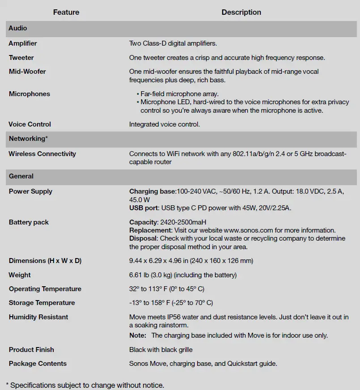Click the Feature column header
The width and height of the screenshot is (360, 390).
(66, 12)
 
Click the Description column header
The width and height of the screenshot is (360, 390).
(241, 12)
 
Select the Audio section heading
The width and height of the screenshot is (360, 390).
(18, 28)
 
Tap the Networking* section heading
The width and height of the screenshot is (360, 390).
(28, 139)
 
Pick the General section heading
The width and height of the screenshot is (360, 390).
(21, 176)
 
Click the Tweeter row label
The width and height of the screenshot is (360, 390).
(21, 58)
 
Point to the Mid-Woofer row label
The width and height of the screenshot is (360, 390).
(27, 72)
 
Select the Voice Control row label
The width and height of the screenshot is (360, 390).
(30, 124)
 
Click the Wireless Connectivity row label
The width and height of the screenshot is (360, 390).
(42, 154)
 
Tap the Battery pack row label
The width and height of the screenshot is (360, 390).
(29, 222)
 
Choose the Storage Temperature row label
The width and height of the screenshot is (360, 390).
(42, 303)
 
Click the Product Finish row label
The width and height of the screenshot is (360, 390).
(31, 350)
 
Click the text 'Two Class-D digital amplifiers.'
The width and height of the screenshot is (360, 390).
(173, 43)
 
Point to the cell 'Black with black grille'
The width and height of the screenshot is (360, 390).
(161, 350)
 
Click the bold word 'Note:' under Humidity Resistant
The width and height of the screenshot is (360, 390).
(138, 335)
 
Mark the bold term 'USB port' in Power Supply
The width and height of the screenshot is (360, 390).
(143, 208)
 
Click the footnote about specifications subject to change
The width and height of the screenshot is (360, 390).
(85, 385)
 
